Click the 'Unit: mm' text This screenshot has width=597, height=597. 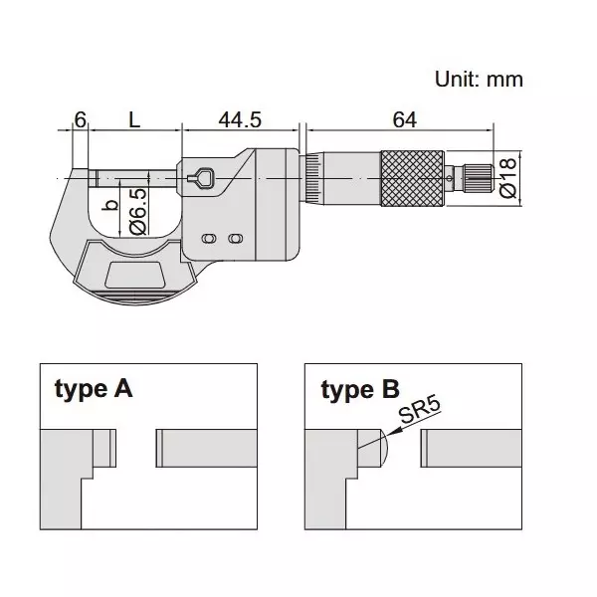(479, 79)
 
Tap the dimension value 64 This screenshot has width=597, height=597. (403, 119)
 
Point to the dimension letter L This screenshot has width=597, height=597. (133, 119)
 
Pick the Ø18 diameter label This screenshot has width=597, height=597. (508, 177)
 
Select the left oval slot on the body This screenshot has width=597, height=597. (210, 240)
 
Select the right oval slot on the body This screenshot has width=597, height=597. (235, 240)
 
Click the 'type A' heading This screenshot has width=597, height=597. (92, 388)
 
